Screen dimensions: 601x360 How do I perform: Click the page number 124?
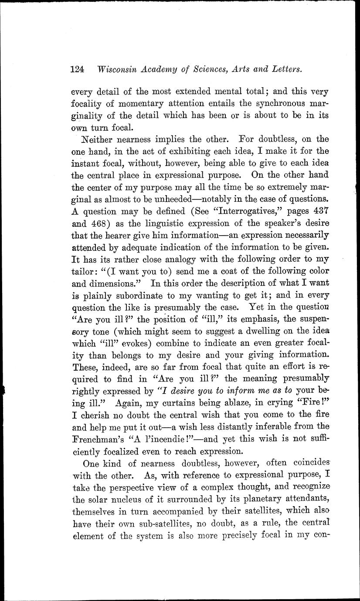point(77,69)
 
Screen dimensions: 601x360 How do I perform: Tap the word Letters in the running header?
point(284,69)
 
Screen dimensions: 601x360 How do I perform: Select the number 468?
point(101,223)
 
